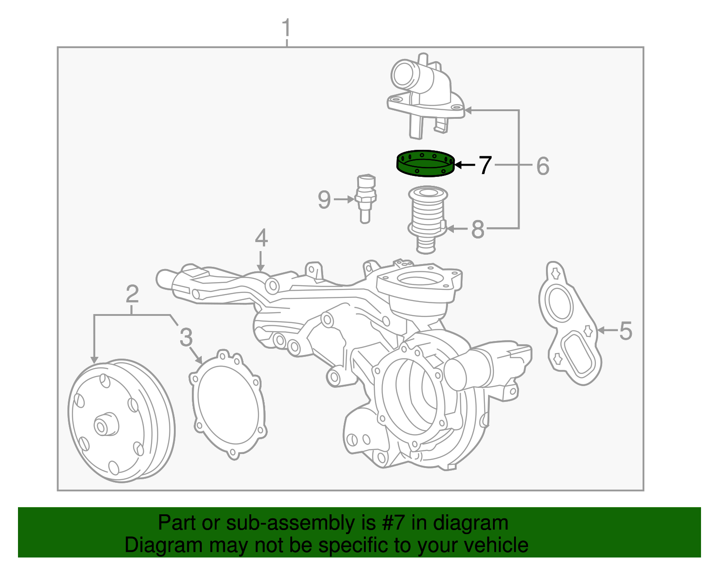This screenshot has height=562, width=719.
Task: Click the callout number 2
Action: pos(132,295)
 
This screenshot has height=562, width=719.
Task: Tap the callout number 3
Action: pos(186,337)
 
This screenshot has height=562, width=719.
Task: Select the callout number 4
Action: pos(261,238)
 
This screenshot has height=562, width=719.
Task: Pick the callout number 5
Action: pos(626,331)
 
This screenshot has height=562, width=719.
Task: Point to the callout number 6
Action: pos(543,166)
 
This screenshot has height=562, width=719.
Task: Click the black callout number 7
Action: pos(485,165)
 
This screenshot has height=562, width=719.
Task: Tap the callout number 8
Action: pos(477,229)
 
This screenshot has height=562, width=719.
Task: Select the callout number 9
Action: pos(324,199)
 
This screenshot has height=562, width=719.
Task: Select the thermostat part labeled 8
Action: pos(427,218)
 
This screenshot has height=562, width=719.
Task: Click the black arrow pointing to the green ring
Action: pos(465,165)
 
